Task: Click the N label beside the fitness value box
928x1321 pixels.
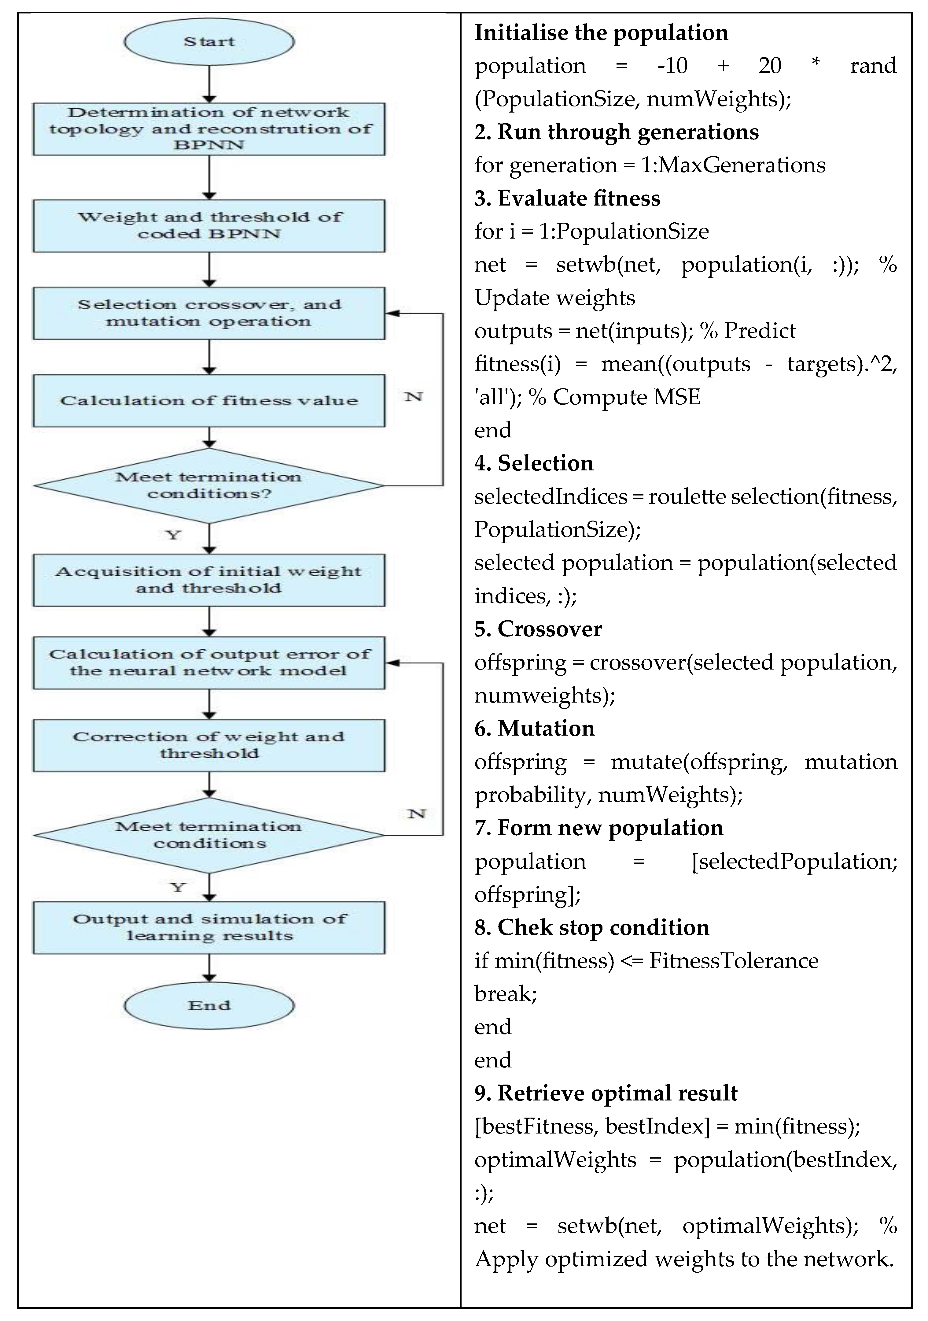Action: point(413,397)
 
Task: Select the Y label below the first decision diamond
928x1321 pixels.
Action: point(173,535)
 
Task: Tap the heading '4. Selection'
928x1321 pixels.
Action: point(534,463)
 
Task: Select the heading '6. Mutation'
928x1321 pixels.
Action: point(534,728)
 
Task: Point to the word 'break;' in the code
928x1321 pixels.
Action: point(505,994)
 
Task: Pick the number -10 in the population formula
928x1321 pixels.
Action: point(672,65)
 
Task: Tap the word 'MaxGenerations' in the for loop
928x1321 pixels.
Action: point(742,165)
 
